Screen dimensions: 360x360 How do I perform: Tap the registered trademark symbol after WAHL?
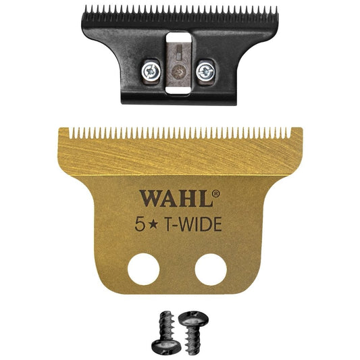tap(216, 193)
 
